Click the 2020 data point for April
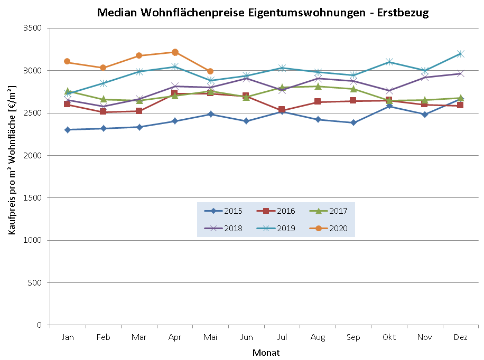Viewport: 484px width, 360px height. point(175,52)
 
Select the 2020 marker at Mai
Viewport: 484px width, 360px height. point(210,71)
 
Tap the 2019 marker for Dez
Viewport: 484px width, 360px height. point(461,54)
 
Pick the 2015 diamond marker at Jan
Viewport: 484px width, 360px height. point(68,130)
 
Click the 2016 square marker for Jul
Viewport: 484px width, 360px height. point(282,110)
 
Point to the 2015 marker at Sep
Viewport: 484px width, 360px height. point(353,123)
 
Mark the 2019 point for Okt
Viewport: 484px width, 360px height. point(389,62)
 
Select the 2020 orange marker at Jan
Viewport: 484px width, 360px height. point(68,62)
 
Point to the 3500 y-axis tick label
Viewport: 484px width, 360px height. point(33,28)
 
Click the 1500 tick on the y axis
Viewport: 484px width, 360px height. point(33,198)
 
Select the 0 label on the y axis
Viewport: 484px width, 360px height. point(39,325)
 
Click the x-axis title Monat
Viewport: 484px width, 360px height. point(266,353)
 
